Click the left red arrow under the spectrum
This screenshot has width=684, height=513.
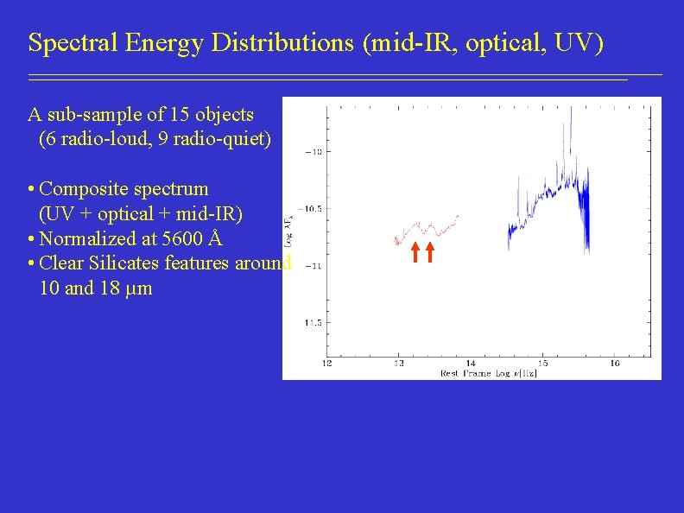(x=414, y=251)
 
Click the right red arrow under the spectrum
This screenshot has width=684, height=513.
(x=428, y=251)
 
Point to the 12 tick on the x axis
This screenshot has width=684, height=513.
(x=326, y=362)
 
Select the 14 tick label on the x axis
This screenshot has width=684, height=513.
(x=470, y=362)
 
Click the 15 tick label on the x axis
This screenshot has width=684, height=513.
(x=542, y=362)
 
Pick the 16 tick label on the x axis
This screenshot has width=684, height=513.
(x=614, y=362)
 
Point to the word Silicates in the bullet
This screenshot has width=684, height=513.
(x=125, y=263)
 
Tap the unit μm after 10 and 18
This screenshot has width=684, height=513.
(x=139, y=288)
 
